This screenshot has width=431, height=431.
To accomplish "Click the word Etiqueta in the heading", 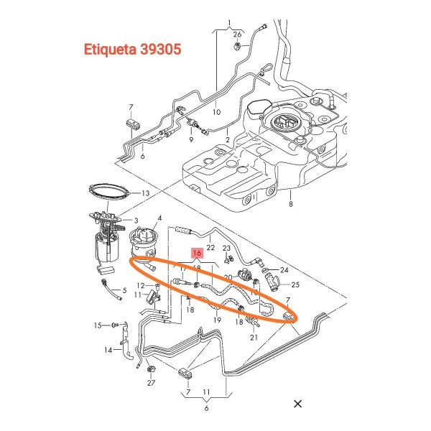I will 112,51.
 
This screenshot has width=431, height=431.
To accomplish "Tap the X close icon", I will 298,404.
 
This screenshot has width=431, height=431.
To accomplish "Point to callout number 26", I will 237,34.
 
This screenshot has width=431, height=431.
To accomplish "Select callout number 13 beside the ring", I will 144,193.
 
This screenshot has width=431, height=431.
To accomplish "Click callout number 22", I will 210,247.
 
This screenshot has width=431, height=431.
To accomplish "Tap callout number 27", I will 151,383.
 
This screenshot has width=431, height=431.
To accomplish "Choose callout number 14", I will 108,350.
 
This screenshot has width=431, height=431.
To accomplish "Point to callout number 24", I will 283,271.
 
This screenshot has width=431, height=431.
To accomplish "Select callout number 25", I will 295,285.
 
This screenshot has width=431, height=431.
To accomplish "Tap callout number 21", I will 254,335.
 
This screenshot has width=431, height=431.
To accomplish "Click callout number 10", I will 216,112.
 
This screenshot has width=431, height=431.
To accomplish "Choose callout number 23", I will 227,249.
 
